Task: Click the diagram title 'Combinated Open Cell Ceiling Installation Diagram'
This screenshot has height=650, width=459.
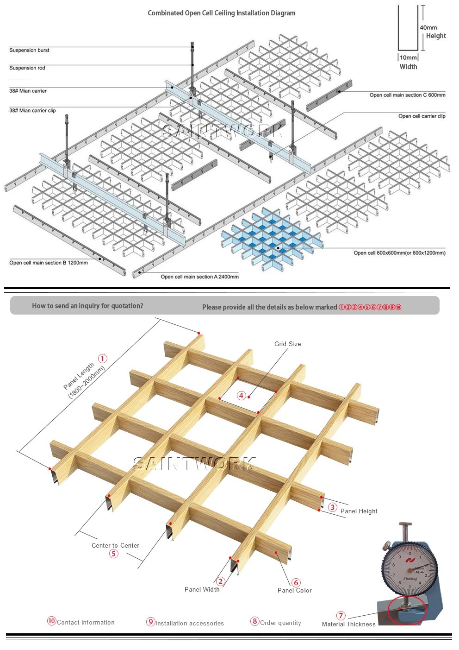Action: (x=221, y=13)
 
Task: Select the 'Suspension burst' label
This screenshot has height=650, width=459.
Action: (x=29, y=50)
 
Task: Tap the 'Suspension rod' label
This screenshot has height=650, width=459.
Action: (x=27, y=68)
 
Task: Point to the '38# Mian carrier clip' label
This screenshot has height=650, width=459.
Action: (x=32, y=110)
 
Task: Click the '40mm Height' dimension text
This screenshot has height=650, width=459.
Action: (x=433, y=32)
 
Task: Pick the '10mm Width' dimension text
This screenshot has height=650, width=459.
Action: (x=408, y=62)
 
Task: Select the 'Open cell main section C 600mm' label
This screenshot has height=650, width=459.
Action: (x=407, y=95)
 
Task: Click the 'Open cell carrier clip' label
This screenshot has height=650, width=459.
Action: (x=422, y=116)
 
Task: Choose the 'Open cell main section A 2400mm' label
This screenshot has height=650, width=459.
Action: (x=199, y=277)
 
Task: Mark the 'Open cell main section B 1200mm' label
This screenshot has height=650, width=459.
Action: (x=49, y=263)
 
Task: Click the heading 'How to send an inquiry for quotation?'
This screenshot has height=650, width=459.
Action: (x=87, y=306)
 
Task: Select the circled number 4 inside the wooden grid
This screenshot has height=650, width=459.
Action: (x=241, y=395)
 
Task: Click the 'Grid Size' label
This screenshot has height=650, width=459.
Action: (x=287, y=344)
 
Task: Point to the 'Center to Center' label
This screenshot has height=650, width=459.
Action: (x=115, y=545)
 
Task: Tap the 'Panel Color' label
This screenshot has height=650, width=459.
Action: (x=294, y=590)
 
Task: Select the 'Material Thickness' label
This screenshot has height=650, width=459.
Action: (x=348, y=624)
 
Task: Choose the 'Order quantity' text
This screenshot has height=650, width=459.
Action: (x=280, y=623)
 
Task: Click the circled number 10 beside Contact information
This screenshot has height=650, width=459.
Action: (x=51, y=621)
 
